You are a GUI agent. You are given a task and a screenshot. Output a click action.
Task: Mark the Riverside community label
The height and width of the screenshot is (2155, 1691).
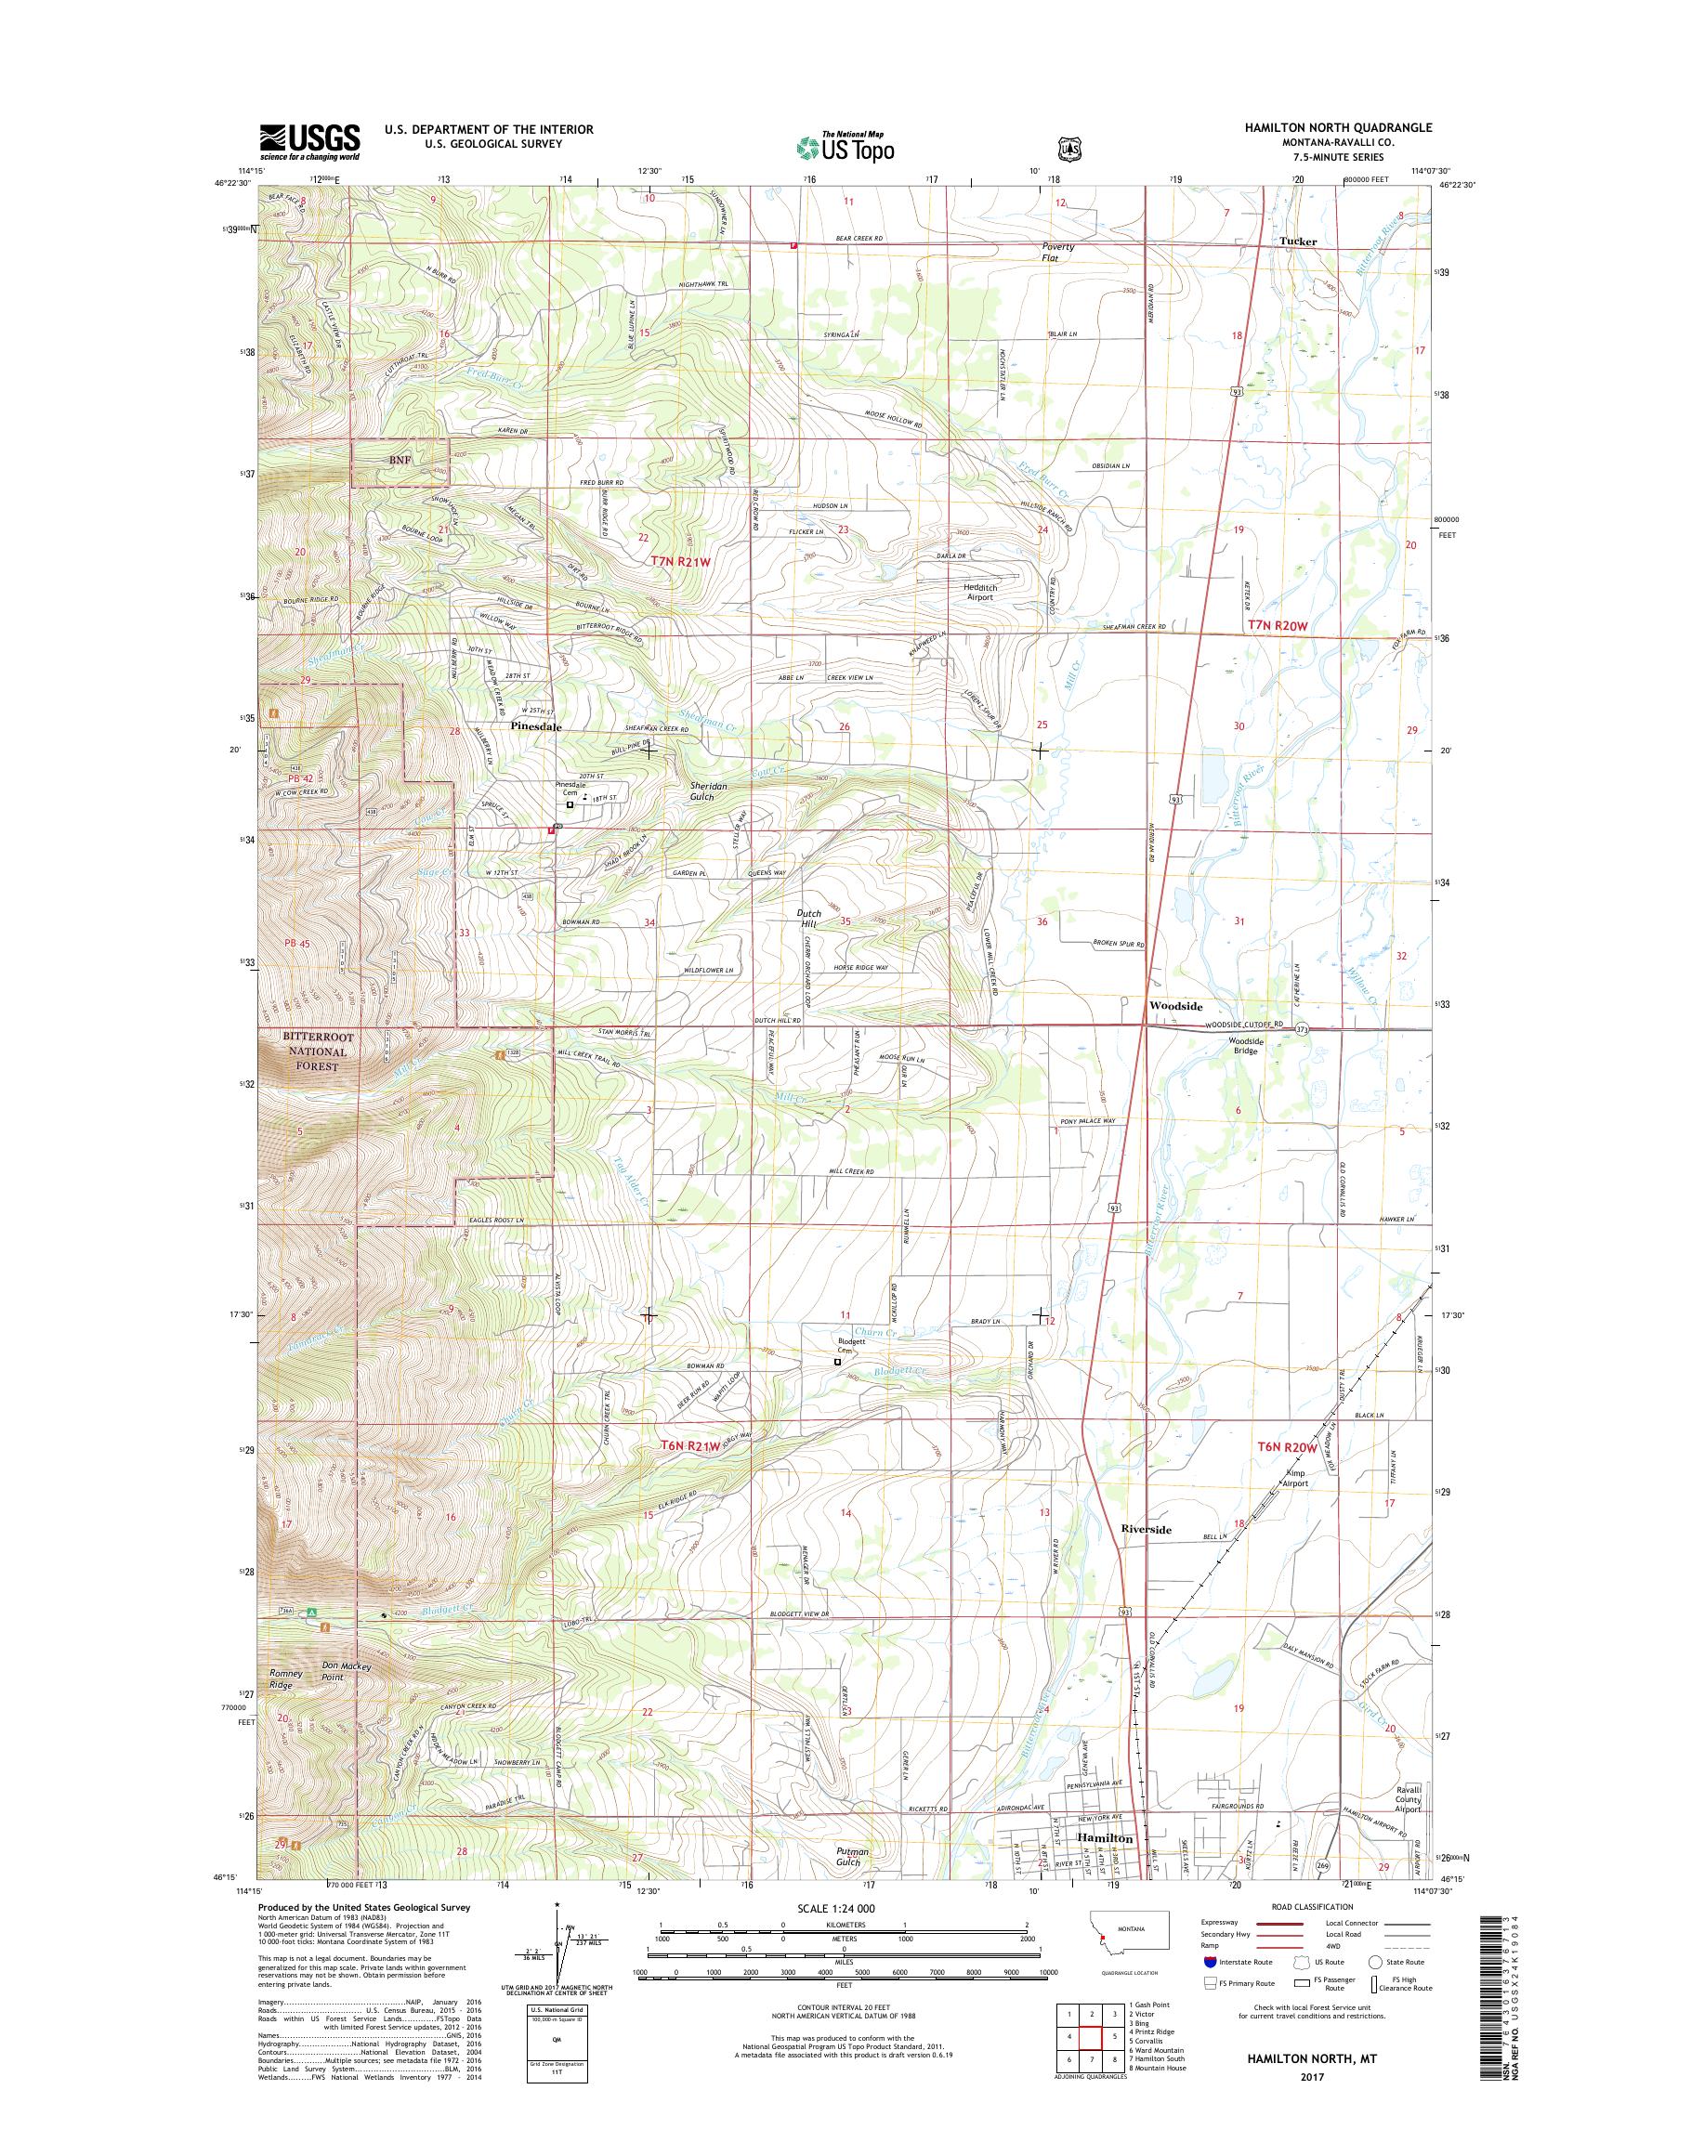point(1146,1557)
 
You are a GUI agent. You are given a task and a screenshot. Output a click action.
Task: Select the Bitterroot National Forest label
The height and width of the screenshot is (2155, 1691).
point(317,1051)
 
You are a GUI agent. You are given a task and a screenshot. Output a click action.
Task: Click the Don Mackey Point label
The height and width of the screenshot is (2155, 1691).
point(346,1672)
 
